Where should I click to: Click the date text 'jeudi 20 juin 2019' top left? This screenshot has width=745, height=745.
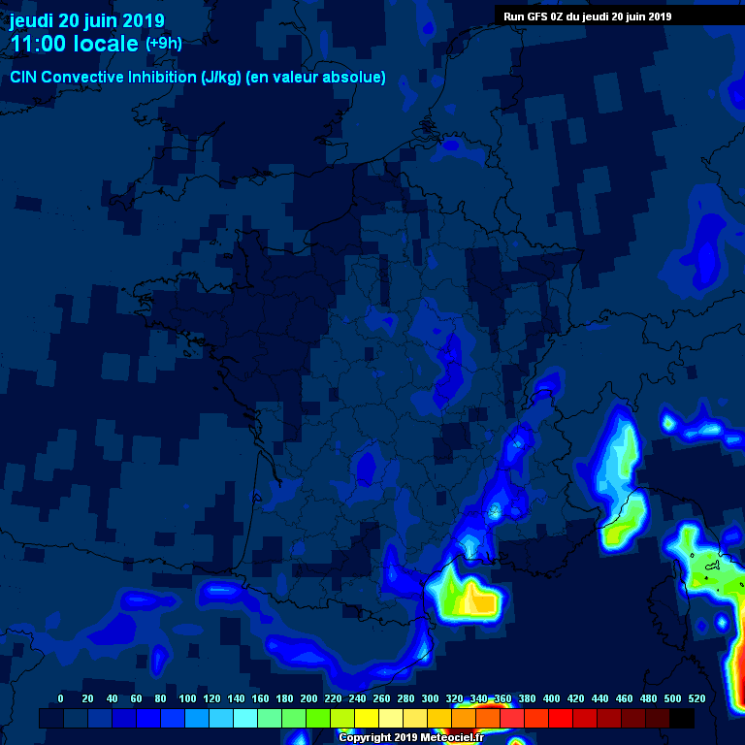[x=87, y=20]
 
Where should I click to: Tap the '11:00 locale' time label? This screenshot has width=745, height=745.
[x=74, y=44]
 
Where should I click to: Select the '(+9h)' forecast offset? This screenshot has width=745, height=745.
[x=163, y=44]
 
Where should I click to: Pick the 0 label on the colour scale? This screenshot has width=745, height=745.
[x=61, y=698]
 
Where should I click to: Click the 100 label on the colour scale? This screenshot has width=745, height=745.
[x=187, y=698]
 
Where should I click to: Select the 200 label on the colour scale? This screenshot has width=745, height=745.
[x=308, y=698]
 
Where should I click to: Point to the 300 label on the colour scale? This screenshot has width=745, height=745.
[x=430, y=698]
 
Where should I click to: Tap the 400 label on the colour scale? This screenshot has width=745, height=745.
[x=551, y=698]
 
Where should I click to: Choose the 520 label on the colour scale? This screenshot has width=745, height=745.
[x=696, y=698]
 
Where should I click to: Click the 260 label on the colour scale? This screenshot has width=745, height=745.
[x=381, y=698]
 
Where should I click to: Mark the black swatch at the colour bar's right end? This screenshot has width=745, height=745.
[x=682, y=718]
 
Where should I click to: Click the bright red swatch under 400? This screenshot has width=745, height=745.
[x=561, y=718]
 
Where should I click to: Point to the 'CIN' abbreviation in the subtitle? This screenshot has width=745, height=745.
[x=24, y=77]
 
